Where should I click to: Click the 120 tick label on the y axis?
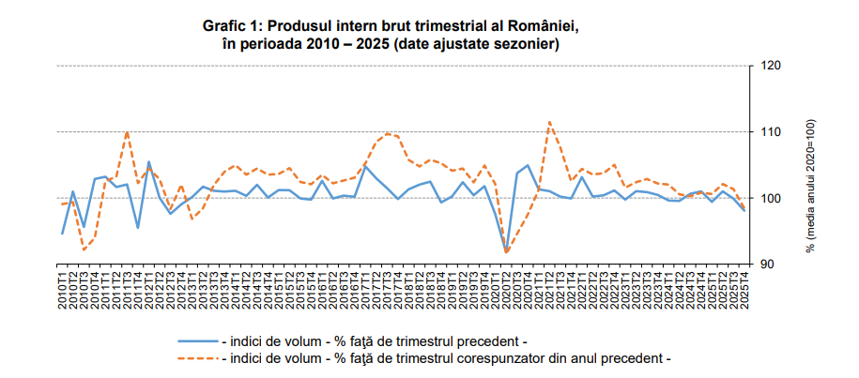pos(772,66)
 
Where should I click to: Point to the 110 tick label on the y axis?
pos(772,132)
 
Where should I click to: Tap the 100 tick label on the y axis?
pos(772,198)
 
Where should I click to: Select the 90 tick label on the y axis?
pos(769,265)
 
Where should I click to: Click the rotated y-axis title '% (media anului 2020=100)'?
pos(812,186)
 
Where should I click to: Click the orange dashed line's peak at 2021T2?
pos(549,122)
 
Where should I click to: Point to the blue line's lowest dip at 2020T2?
pos(506,250)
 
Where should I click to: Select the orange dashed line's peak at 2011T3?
pos(127,132)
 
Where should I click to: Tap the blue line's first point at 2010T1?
pos(63,234)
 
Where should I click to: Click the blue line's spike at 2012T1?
pos(148,161)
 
